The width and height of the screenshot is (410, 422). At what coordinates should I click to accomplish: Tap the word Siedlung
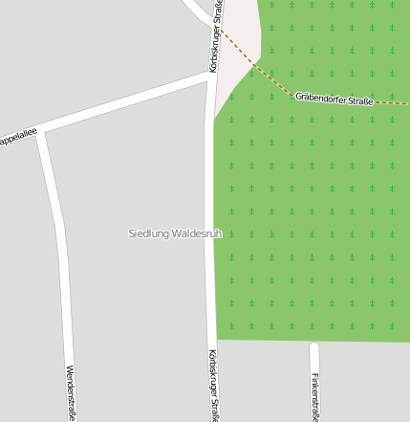point(146,233)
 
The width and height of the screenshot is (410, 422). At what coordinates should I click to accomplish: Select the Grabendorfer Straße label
point(334,98)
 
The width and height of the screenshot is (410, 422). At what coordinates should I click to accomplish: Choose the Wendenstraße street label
point(70,392)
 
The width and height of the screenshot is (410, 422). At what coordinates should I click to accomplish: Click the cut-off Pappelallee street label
point(16,139)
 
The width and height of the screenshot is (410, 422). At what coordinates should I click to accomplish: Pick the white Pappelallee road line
point(124,106)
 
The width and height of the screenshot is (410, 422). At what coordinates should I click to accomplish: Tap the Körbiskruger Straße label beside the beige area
point(218,38)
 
